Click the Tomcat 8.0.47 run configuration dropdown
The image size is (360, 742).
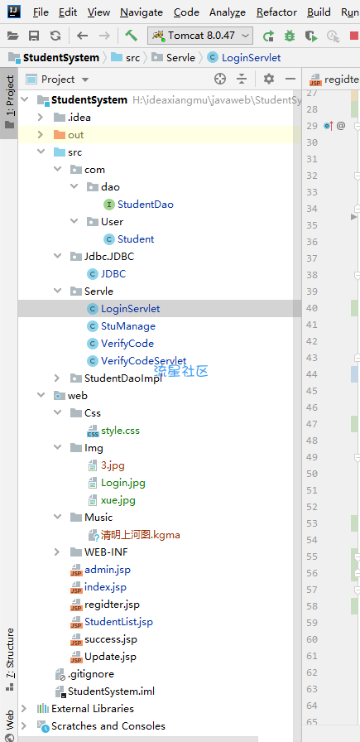point(200,36)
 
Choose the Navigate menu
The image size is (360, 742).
point(142,12)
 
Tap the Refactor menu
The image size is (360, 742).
point(276,12)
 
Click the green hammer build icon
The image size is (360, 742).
point(131,36)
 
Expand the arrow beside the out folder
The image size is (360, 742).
point(41,135)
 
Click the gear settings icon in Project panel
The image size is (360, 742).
point(269,79)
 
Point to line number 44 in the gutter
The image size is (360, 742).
point(312,374)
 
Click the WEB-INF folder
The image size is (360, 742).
point(106,552)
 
